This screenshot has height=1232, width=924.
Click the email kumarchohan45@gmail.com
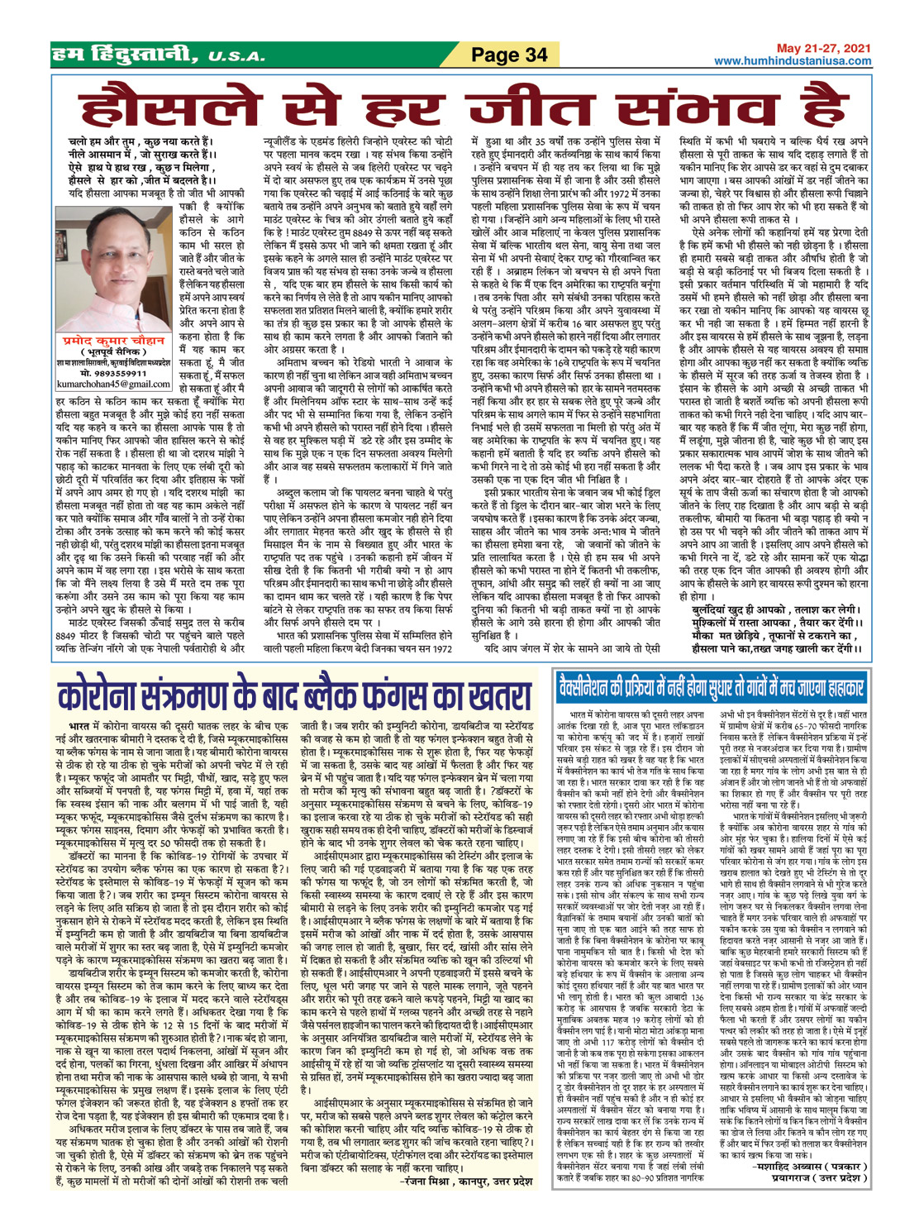(x=115, y=384)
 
